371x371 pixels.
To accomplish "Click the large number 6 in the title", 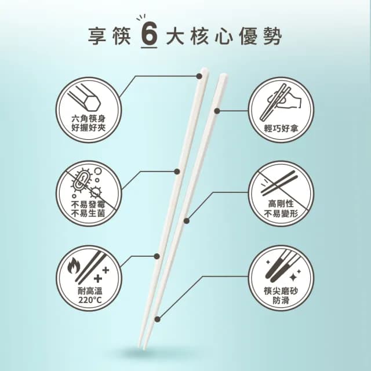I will click(148, 37).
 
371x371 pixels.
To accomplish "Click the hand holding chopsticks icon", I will click(282, 99).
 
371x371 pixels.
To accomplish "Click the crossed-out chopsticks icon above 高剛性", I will click(281, 181).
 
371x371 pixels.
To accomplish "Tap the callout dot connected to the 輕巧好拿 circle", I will click(219, 110).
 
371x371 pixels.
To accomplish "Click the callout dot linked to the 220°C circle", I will click(156, 256).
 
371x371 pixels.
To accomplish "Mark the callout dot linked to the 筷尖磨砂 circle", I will click(157, 317).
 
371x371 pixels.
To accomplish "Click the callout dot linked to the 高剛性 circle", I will click(187, 220).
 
